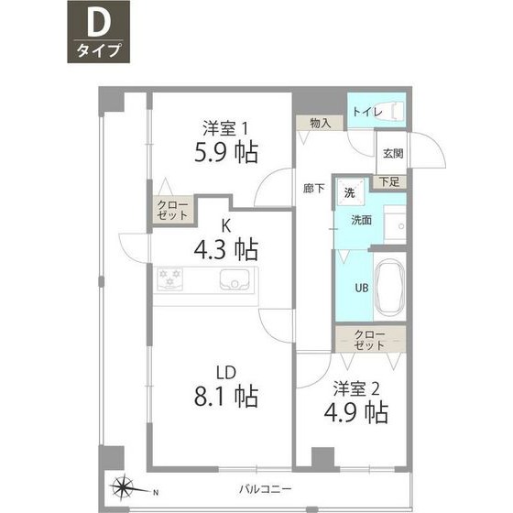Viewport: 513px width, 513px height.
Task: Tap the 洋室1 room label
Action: click(x=225, y=128)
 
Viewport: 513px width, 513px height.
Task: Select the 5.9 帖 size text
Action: click(x=226, y=152)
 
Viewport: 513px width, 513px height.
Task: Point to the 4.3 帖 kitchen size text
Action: click(x=226, y=249)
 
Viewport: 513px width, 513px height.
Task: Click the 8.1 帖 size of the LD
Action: click(x=226, y=396)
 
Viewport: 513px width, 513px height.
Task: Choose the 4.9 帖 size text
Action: click(x=356, y=412)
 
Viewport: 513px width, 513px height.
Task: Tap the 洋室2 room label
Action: click(x=356, y=388)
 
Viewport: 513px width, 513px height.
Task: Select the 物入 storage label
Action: click(x=321, y=124)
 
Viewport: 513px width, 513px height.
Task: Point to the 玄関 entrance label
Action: click(x=393, y=154)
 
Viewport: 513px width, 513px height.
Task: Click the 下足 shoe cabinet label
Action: click(x=389, y=181)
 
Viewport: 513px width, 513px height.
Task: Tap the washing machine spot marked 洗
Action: click(x=349, y=192)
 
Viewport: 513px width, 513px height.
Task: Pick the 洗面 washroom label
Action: click(x=361, y=220)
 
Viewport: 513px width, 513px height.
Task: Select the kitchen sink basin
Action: click(x=235, y=280)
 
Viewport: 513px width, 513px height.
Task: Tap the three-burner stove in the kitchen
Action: click(x=169, y=278)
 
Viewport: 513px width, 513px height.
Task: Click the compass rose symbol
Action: click(x=123, y=487)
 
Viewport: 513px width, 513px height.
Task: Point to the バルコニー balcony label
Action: click(x=265, y=490)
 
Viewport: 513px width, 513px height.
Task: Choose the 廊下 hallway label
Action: click(x=313, y=189)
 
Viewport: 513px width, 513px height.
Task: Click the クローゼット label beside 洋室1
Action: click(x=172, y=210)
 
